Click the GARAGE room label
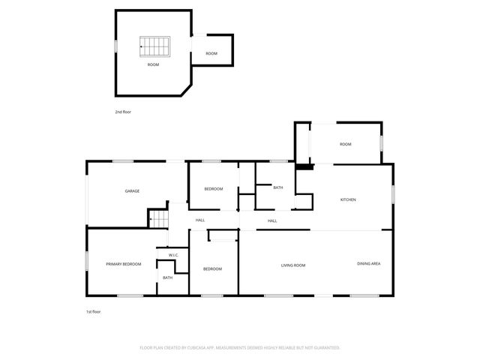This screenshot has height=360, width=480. (132, 190)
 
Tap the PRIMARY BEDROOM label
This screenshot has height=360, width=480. (124, 264)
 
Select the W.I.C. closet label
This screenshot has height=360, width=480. (172, 255)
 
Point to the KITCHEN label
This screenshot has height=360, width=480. (348, 199)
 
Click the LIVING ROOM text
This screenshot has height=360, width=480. (292, 265)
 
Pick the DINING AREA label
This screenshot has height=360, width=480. (368, 264)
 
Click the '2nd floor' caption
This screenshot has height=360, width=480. (123, 112)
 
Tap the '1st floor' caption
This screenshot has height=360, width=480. (92, 311)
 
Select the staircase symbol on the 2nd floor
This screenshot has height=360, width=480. (154, 46)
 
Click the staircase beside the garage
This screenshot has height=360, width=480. (158, 219)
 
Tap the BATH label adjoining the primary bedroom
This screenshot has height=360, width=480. (167, 277)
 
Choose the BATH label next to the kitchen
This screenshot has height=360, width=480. (277, 187)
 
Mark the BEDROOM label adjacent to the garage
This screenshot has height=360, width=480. (214, 189)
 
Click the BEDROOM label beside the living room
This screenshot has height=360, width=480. (212, 268)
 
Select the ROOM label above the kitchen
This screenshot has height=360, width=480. (345, 144)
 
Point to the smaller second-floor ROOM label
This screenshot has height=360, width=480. (211, 53)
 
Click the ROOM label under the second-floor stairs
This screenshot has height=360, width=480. (153, 65)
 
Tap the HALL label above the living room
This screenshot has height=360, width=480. (272, 220)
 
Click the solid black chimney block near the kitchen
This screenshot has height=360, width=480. (303, 167)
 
